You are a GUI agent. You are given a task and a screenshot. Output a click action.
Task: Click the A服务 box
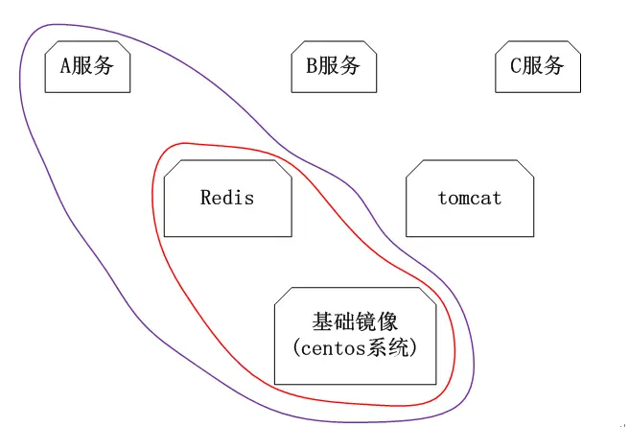pyautogui.click(x=87, y=66)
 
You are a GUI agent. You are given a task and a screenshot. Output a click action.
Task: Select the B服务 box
pyautogui.click(x=334, y=66)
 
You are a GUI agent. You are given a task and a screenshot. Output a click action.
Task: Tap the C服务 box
pyautogui.click(x=538, y=66)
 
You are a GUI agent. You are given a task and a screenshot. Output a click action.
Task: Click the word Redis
pyautogui.click(x=227, y=198)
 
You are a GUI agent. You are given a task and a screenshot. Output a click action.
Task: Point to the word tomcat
pyautogui.click(x=470, y=199)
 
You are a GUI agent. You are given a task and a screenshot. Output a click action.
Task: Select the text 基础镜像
pyautogui.click(x=355, y=321)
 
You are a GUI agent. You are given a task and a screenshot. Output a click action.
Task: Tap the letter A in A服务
pyautogui.click(x=66, y=66)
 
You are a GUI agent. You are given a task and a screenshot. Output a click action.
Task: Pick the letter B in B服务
pyautogui.click(x=312, y=66)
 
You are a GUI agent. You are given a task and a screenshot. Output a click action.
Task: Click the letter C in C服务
pyautogui.click(x=515, y=66)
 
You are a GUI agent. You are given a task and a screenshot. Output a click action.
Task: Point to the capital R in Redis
pyautogui.click(x=206, y=198)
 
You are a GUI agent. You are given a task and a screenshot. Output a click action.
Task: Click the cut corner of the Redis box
pyautogui.click(x=285, y=168)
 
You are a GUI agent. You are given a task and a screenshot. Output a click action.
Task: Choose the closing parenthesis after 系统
pyautogui.click(x=414, y=347)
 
